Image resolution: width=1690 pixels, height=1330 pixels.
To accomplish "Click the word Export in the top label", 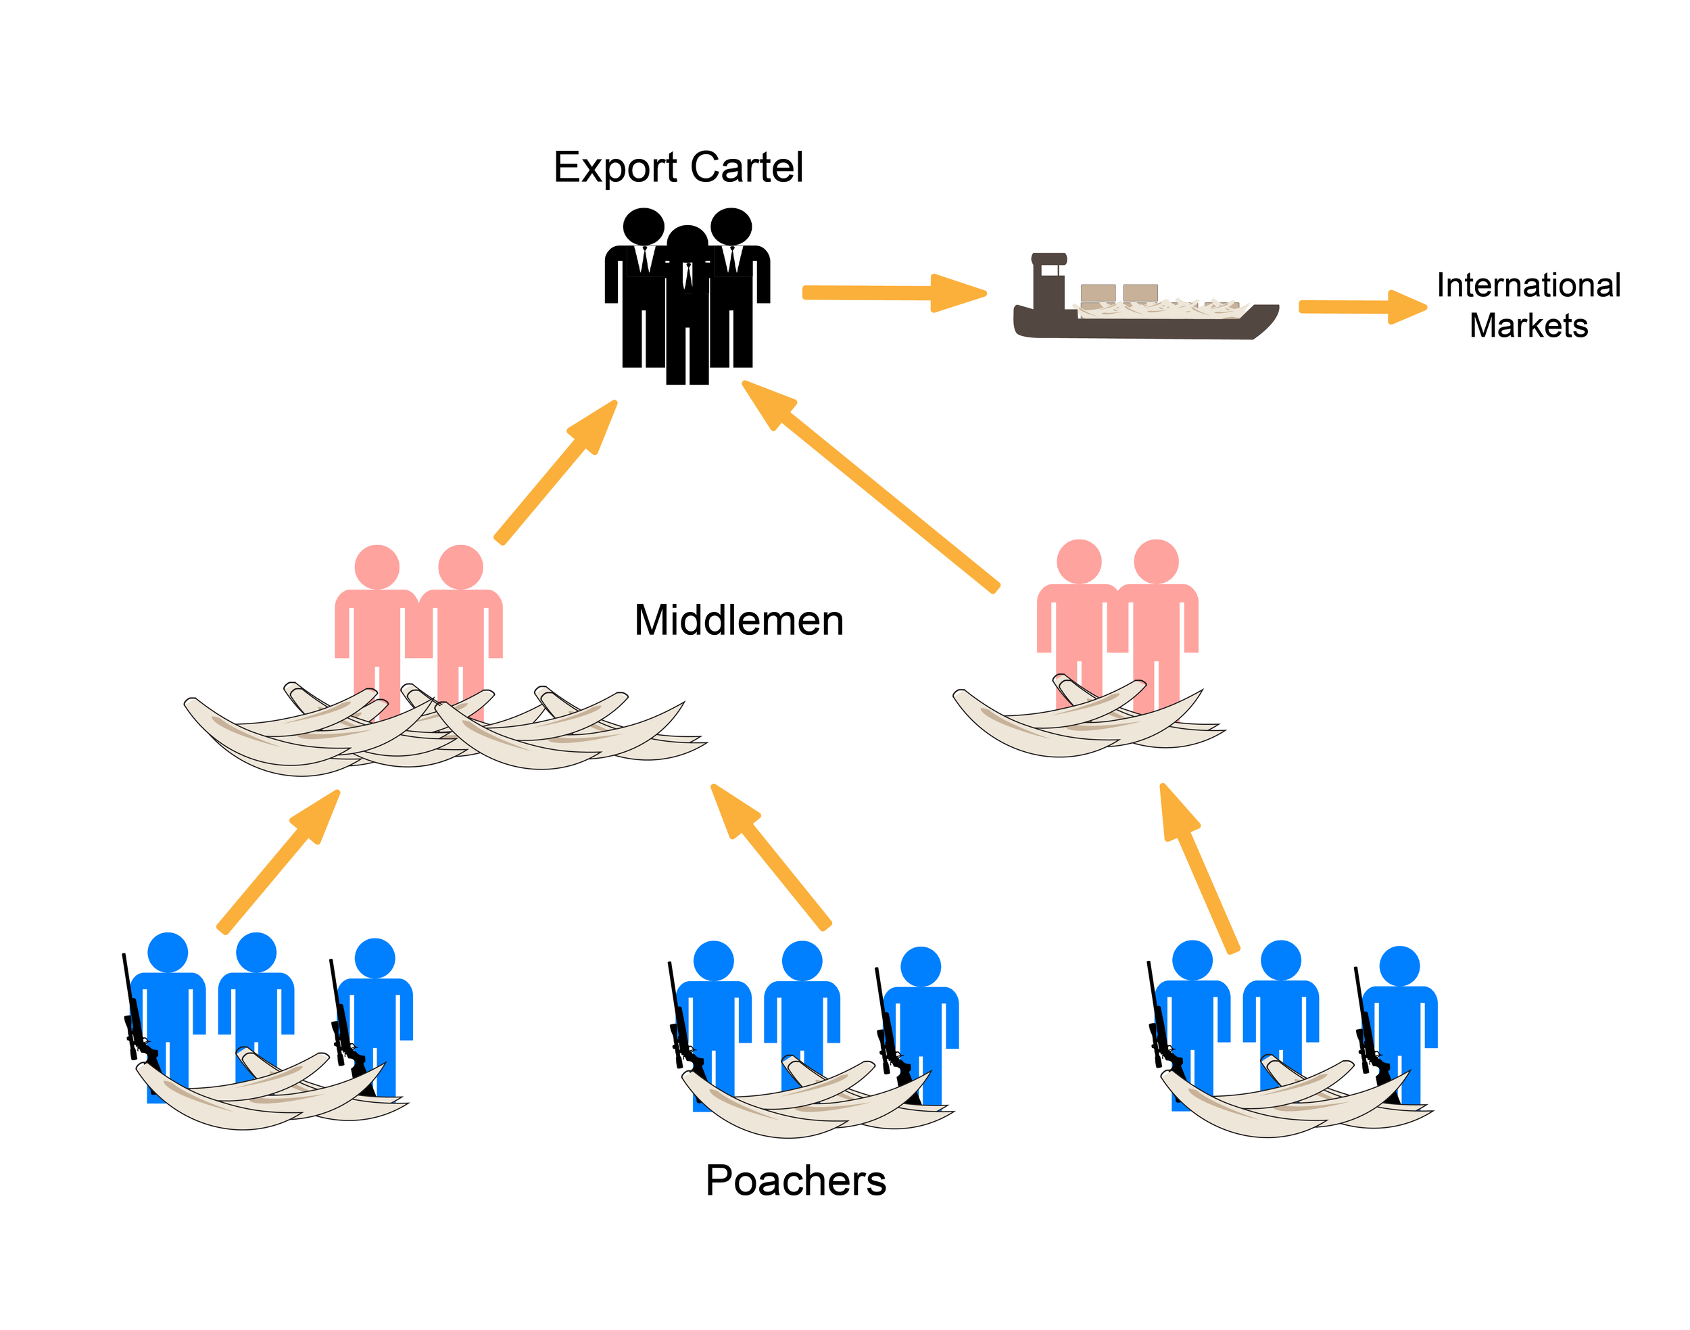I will click(615, 168).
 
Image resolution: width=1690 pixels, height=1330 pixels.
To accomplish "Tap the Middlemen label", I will click(738, 621).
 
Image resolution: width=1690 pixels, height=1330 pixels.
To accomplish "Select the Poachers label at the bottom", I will click(795, 1181).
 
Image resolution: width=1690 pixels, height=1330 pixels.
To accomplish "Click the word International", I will click(1528, 285).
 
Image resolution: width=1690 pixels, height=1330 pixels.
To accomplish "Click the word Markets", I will click(1528, 325).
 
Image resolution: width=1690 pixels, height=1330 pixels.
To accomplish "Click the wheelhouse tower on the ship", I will click(1048, 284).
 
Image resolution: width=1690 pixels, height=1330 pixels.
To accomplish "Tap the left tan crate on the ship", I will click(1098, 293).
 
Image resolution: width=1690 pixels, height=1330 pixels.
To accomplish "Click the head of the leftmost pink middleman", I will click(377, 566).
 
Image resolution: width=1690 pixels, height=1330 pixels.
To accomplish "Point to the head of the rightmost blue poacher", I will click(1399, 966).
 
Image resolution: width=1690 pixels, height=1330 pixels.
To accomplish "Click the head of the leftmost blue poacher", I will click(168, 951).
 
